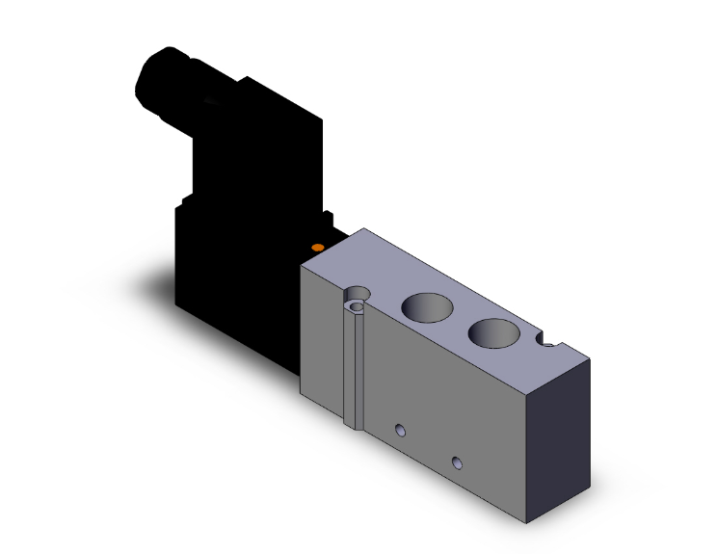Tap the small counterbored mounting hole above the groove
click(359, 293)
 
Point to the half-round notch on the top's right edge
click(549, 342)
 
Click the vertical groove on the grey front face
click(354, 366)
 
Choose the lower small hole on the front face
click(459, 462)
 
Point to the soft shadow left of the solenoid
click(154, 279)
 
